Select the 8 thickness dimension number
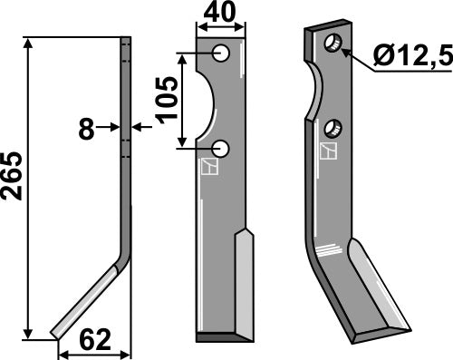[x=86, y=129]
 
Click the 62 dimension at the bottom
[x=95, y=341]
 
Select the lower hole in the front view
[x=221, y=148]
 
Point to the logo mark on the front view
[x=210, y=167]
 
